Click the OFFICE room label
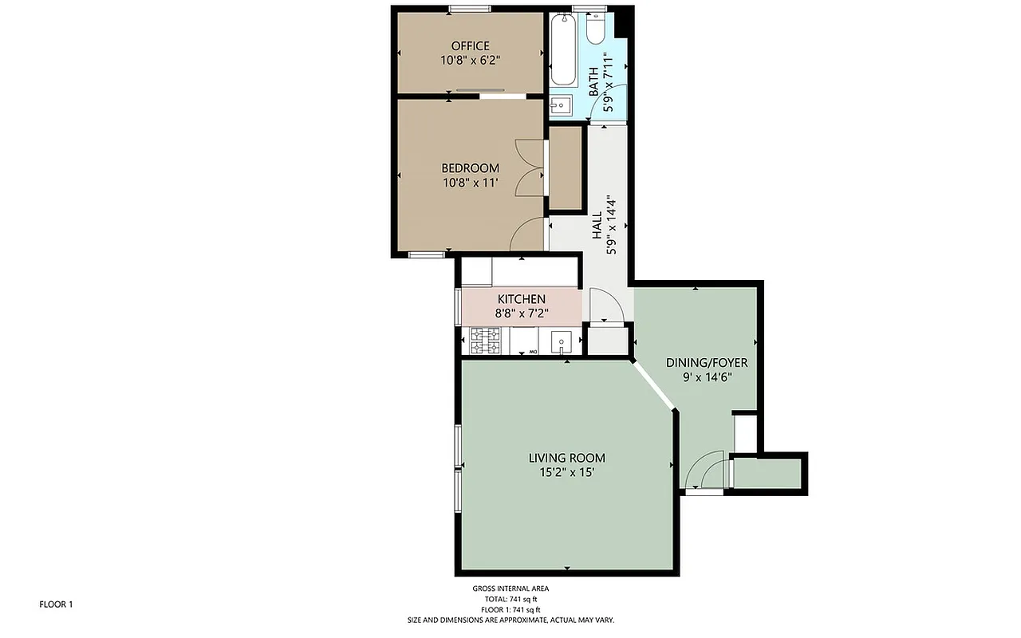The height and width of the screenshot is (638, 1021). point(470,45)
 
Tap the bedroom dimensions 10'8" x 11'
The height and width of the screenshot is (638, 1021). point(470,183)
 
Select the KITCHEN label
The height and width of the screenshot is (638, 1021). point(521,298)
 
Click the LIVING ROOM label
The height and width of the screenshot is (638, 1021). point(566,458)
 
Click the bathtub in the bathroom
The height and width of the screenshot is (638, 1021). point(563,49)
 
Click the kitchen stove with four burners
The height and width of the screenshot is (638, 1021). point(486,341)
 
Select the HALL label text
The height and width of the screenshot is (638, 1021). point(596,226)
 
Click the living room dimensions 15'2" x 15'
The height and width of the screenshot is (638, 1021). point(566,472)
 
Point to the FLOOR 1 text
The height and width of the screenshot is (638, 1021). point(56,605)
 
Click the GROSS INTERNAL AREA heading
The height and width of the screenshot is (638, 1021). point(510,589)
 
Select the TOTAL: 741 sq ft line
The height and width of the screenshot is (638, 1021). point(510,599)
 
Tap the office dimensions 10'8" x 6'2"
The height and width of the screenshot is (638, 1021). point(470,60)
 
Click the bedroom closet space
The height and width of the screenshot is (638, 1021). point(566,167)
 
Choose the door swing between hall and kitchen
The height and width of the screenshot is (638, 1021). point(604,305)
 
